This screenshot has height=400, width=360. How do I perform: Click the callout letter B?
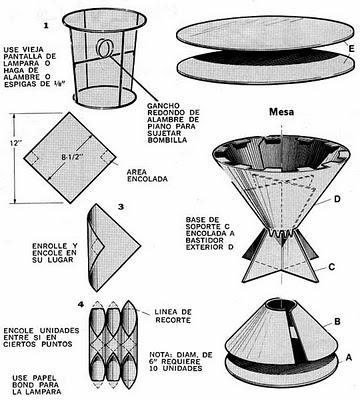click(338, 319)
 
